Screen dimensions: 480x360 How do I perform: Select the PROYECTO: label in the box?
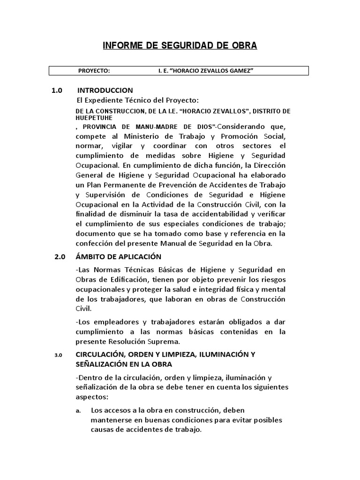(x=94, y=71)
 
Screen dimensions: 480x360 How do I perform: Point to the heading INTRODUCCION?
(x=105, y=90)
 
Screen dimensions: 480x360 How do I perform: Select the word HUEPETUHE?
(x=93, y=118)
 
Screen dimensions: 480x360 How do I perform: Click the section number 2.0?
(x=60, y=257)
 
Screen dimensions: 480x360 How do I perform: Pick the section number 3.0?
(x=58, y=355)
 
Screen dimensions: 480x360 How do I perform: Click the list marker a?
(x=78, y=410)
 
